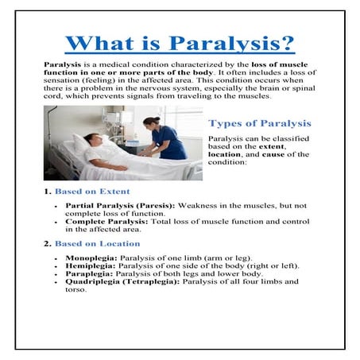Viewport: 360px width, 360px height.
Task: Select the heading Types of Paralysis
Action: pos(259,124)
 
